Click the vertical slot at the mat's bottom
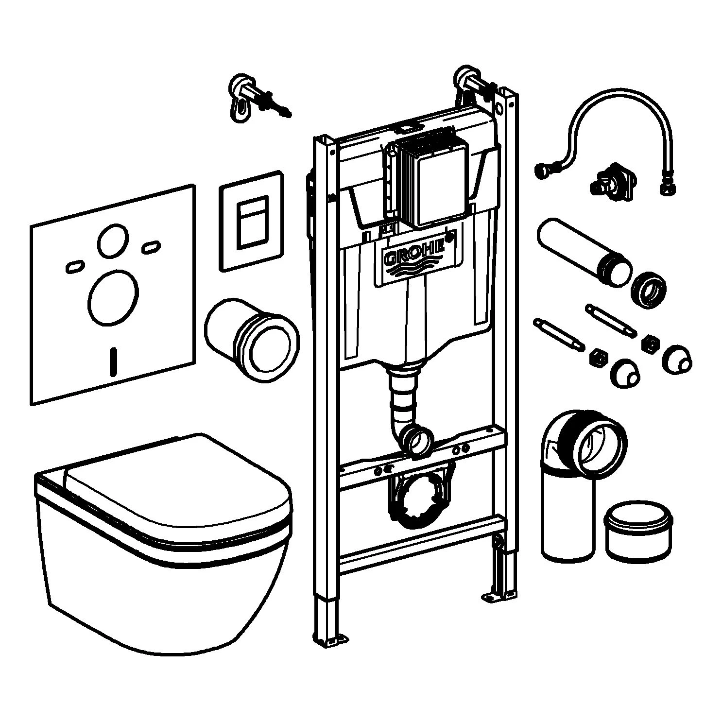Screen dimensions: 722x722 pyautogui.click(x=114, y=362)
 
